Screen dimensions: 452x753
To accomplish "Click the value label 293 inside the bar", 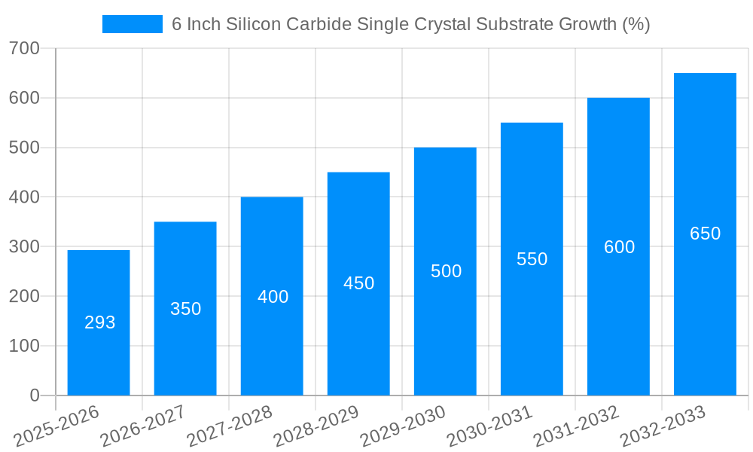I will [100, 322].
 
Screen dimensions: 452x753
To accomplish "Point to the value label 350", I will [186, 309].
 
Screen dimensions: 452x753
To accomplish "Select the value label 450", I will [359, 283].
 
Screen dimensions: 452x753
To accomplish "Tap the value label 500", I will [447, 271].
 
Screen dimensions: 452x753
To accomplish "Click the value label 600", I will [620, 247].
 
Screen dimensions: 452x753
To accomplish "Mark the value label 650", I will [706, 234].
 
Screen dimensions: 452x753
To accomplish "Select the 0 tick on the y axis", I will [35, 395].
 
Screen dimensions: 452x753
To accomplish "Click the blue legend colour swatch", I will [133, 24].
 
